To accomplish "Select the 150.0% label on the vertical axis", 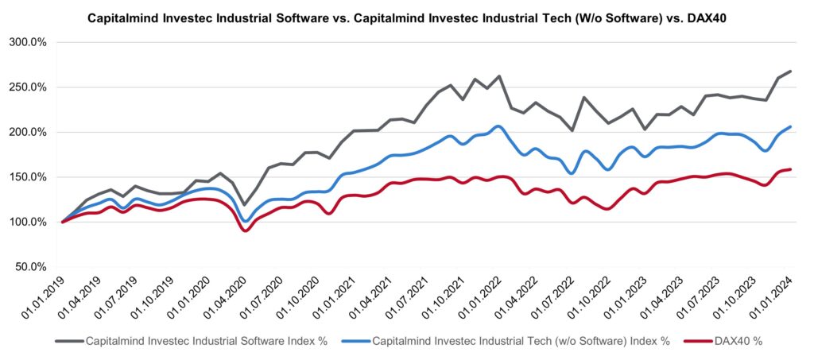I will point(29,177).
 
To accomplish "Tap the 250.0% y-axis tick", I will point(29,87).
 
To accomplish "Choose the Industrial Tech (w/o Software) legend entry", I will point(521,341).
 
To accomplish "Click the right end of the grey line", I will point(790,72).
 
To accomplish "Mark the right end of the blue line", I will point(790,126).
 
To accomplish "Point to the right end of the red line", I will point(790,169).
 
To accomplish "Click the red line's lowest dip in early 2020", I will point(246,230).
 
